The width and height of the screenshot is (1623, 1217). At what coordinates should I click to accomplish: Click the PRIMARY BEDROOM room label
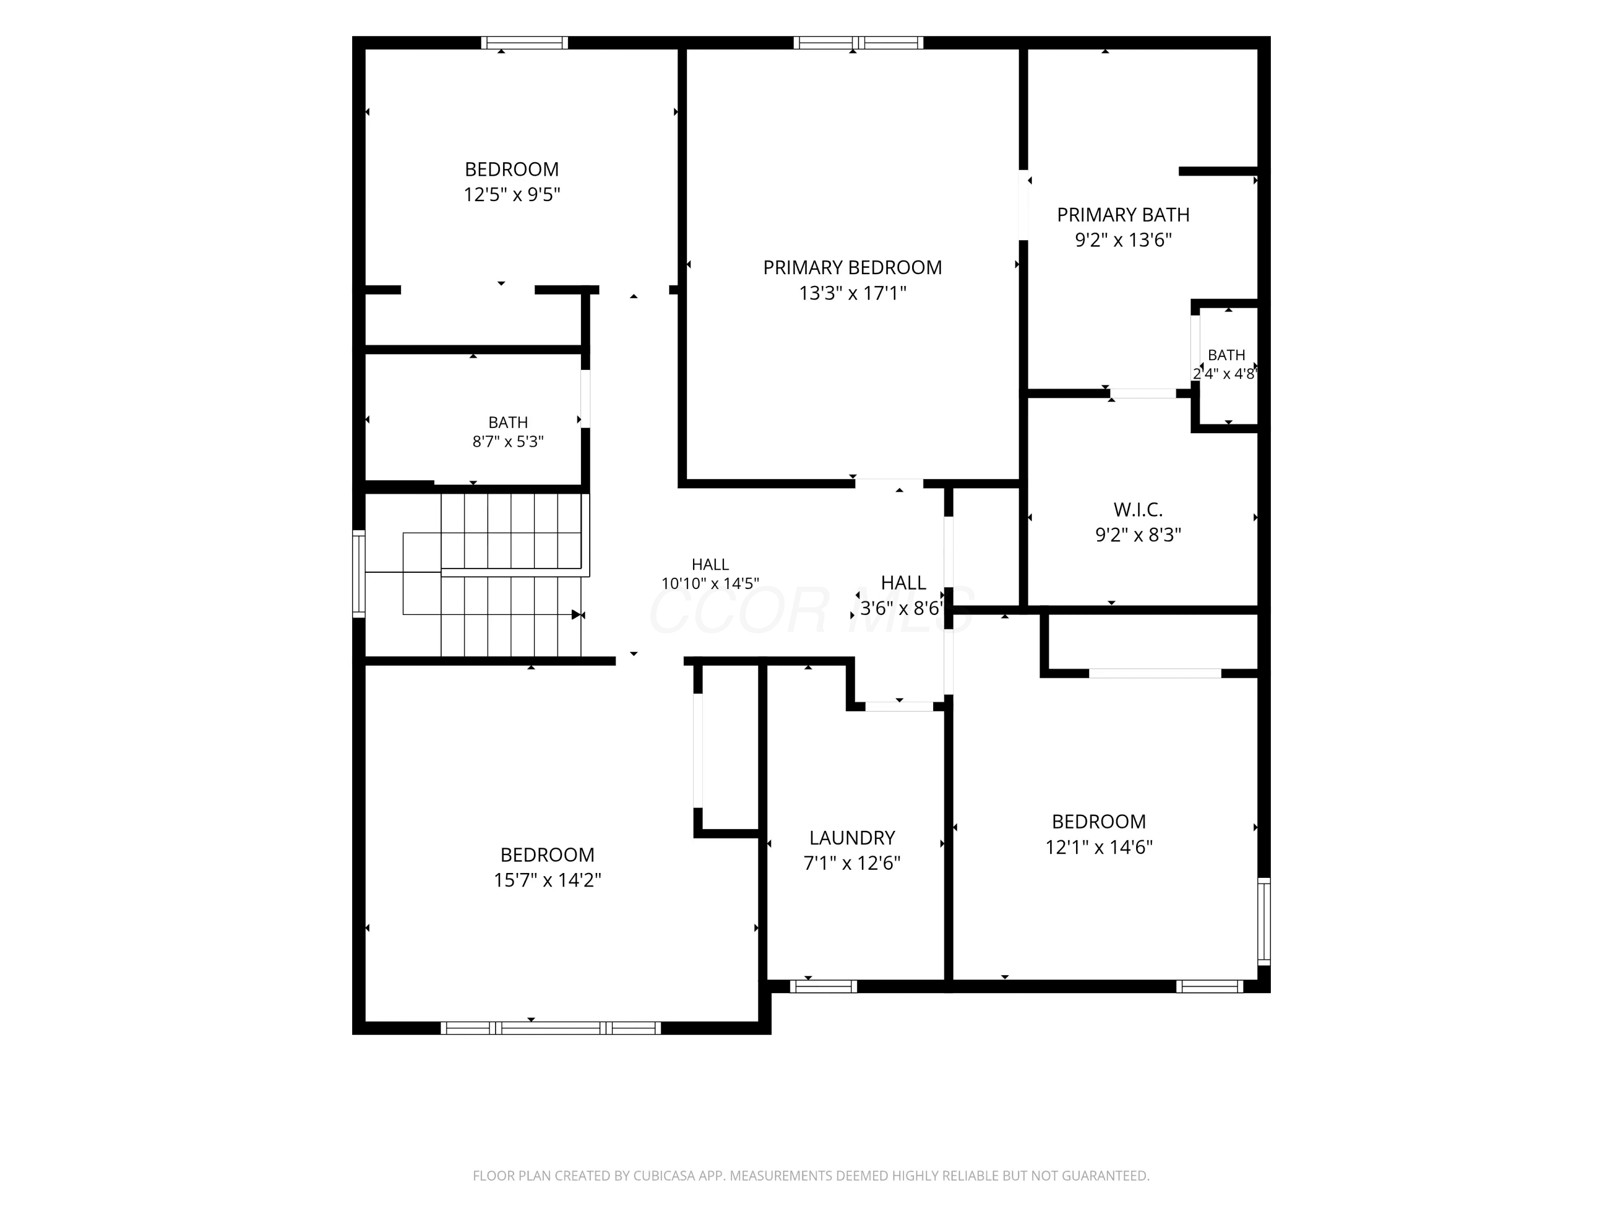click(852, 268)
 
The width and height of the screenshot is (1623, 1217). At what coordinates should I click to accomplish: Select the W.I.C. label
click(1138, 509)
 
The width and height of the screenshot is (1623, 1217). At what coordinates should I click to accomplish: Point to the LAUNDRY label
click(852, 838)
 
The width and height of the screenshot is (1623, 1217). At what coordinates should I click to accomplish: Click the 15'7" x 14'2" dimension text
click(547, 880)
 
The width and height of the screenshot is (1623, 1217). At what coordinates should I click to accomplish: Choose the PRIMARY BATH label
click(1123, 215)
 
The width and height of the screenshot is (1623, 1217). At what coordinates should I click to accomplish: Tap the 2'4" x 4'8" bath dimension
click(1225, 373)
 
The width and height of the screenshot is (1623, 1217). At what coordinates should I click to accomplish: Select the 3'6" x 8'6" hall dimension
click(902, 608)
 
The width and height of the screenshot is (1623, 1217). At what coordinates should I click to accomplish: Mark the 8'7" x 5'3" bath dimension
click(508, 441)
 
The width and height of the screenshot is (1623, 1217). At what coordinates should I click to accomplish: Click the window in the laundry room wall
click(823, 987)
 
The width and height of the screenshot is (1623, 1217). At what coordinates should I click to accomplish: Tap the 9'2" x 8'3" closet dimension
click(1138, 535)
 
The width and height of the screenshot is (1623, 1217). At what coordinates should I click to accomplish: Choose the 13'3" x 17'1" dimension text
click(852, 293)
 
